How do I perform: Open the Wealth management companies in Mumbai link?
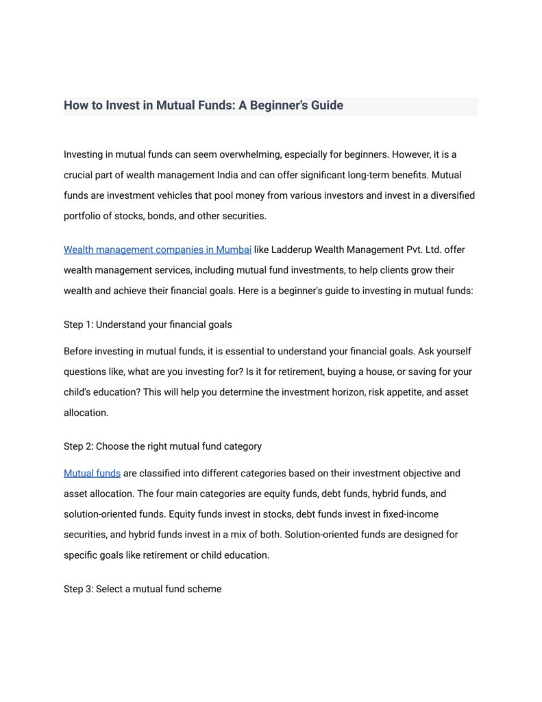[158, 250]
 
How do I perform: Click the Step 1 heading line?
[148, 324]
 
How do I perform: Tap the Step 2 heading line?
[162, 446]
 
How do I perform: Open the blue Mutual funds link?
[92, 474]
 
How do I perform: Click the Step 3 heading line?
[143, 589]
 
